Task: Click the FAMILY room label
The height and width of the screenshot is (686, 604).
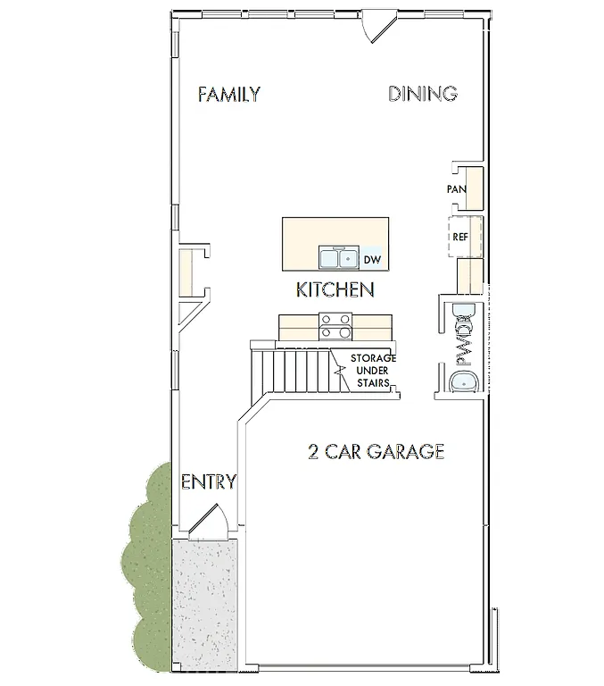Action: coord(229,94)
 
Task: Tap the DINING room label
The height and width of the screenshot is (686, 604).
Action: coord(423,94)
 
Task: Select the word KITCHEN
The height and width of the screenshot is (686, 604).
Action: coord(335,289)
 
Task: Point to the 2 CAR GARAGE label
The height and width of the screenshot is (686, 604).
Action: coord(376,452)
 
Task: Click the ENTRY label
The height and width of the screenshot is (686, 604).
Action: coord(209,483)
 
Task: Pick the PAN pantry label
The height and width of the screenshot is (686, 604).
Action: coord(457,189)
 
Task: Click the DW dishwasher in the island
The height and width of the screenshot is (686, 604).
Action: coord(372,259)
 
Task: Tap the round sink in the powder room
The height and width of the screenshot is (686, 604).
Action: coord(466,381)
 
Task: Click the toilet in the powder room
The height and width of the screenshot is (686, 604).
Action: coord(464,313)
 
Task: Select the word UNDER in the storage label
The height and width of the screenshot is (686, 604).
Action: coord(373,370)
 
